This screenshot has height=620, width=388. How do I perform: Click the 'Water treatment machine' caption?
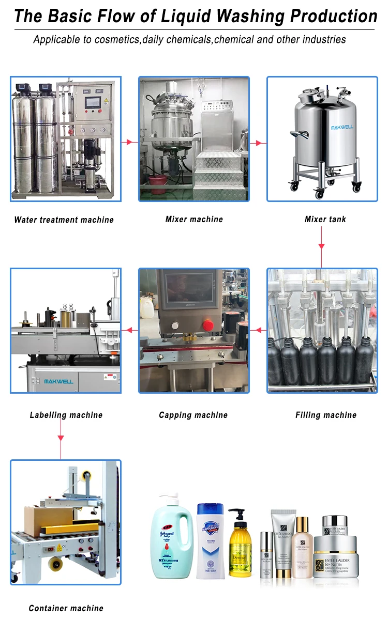click(x=64, y=220)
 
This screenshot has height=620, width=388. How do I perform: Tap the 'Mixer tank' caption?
click(x=325, y=219)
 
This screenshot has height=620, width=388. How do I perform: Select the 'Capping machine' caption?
click(x=193, y=415)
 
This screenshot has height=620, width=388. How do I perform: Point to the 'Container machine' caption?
click(x=66, y=608)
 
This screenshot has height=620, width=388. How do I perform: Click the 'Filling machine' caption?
click(x=326, y=415)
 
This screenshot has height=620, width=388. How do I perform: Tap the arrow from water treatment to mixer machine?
click(x=130, y=142)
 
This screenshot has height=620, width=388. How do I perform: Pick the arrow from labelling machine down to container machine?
click(x=61, y=438)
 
